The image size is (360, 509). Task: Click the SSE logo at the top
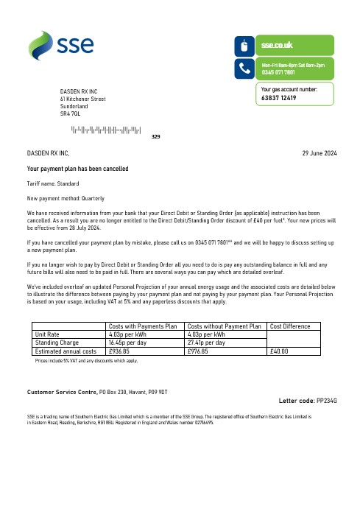click(x=62, y=45)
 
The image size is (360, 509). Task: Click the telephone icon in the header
click(x=244, y=69)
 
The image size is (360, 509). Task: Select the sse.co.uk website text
click(x=277, y=46)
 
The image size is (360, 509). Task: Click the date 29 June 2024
click(x=320, y=152)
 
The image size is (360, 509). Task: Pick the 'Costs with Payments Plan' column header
click(x=144, y=326)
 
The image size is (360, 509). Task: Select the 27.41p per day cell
click(x=208, y=343)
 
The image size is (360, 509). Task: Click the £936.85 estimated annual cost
click(x=119, y=351)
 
